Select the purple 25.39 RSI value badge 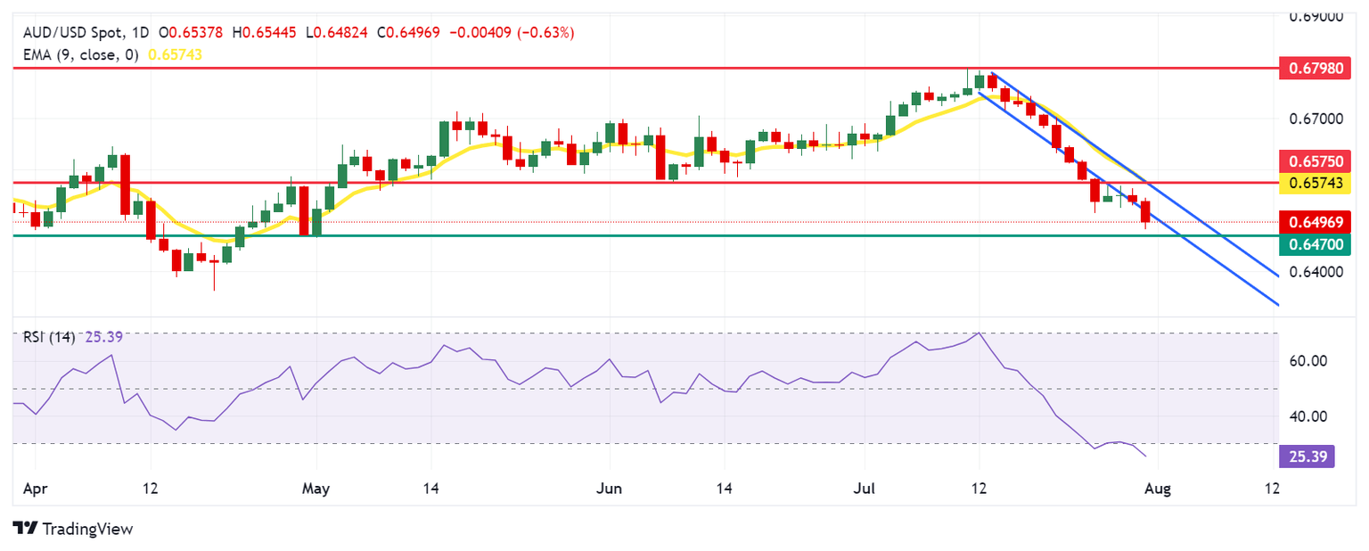tap(1306, 457)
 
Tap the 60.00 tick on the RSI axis tap(1310, 361)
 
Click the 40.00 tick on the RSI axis tap(1310, 416)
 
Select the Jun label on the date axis tap(610, 489)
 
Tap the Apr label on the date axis tap(35, 489)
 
